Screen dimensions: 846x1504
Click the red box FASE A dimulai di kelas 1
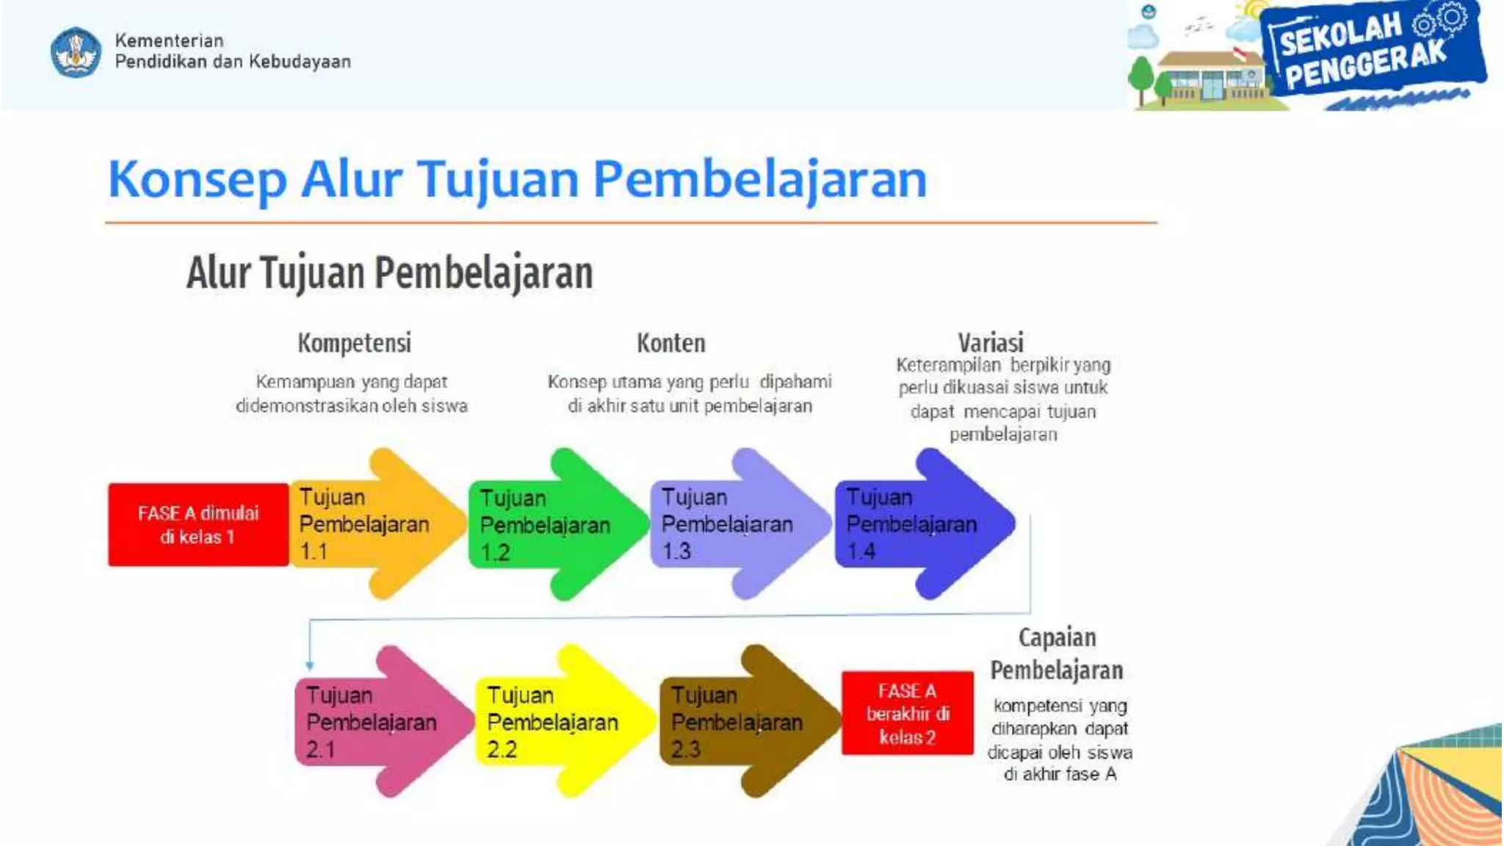[x=198, y=524]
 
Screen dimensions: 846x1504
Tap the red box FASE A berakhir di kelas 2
[x=908, y=713]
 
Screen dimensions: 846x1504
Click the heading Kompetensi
[x=354, y=343]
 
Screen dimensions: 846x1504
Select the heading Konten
[x=670, y=343]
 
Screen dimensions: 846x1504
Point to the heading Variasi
[x=990, y=342]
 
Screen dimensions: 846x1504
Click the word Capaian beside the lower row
[x=1057, y=637]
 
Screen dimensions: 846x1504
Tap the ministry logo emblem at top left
[x=76, y=52]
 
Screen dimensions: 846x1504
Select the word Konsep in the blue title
[x=197, y=180]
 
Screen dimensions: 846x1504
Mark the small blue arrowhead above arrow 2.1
[x=309, y=665]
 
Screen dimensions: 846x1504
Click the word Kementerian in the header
[x=169, y=40]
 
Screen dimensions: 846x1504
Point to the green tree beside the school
[x=1140, y=78]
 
